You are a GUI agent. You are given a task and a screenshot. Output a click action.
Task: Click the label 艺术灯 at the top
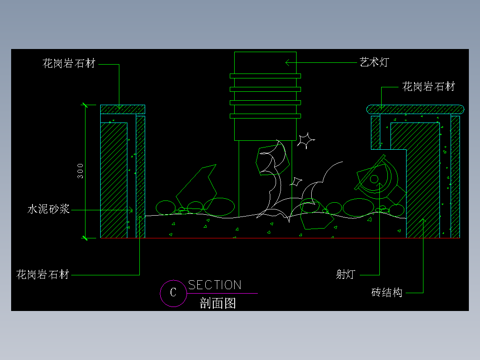pos(374,62)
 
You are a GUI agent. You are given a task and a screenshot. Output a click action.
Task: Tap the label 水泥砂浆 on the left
pos(49,209)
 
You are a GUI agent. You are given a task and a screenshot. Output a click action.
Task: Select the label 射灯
pos(345,274)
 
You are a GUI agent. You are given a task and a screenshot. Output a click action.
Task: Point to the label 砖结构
pos(386,293)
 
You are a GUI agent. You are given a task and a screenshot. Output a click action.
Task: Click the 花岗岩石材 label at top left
pos(69,64)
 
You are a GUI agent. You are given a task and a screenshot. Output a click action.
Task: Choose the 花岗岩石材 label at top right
pos(428,87)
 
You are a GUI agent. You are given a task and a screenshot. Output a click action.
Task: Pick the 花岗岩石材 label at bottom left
pos(43,274)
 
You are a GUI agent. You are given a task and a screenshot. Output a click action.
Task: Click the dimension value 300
pos(80,171)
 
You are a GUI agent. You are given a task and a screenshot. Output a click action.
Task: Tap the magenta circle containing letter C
pos(173,293)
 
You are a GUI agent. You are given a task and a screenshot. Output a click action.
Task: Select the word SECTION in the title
pos(215,285)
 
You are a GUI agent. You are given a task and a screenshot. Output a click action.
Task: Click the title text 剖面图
pos(218,304)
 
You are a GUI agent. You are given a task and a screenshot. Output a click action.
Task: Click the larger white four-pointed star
pos(305,141)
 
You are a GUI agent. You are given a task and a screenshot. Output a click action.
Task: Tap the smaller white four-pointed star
pos(295,182)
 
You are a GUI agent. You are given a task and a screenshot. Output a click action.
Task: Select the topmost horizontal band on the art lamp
pos(265,76)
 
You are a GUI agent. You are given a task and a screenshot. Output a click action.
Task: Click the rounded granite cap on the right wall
pos(415,109)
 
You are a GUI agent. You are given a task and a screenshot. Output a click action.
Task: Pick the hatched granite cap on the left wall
pos(122,109)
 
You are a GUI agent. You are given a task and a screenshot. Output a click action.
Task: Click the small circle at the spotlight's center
pos(374,179)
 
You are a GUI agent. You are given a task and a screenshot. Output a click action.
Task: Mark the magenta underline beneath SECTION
pos(223,293)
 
